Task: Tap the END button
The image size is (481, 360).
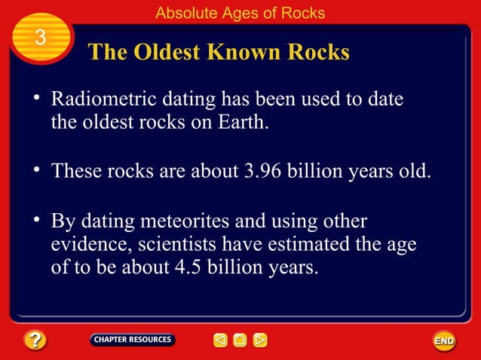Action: pos(444,341)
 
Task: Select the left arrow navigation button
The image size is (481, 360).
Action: pos(220,340)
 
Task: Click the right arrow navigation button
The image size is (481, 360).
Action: pos(259,340)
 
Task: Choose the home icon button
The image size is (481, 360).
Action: pos(240,340)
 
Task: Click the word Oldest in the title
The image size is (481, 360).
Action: pos(170,52)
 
